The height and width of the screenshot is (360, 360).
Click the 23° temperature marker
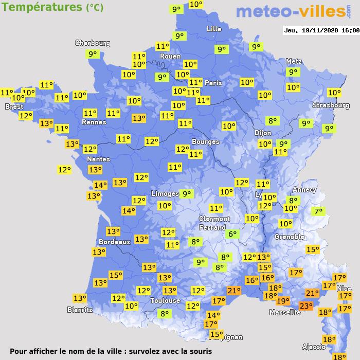point(306,307)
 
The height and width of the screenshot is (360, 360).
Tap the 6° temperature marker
point(232,234)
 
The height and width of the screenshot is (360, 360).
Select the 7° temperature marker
point(319,211)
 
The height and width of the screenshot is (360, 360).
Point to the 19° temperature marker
point(283,301)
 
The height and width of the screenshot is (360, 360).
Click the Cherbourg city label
point(93,43)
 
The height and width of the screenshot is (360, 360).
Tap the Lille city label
point(214,29)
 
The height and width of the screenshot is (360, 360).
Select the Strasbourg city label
point(331,105)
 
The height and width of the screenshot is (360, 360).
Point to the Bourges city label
point(205,141)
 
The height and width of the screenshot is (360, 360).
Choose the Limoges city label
point(165,194)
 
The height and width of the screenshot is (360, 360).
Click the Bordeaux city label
point(114,242)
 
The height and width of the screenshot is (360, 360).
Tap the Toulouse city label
point(165,300)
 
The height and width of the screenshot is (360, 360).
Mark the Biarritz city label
point(80,310)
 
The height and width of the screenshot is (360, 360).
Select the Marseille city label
point(285,312)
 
